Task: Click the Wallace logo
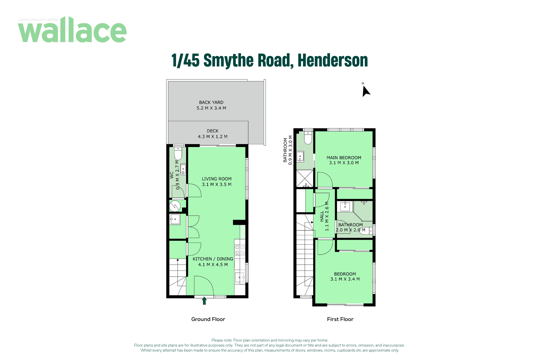point(72,30)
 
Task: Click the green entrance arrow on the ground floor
point(204,301)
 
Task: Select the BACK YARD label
point(211,102)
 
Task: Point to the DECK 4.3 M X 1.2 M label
point(213,134)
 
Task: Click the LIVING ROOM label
point(217,179)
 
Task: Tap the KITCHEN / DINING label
point(213,259)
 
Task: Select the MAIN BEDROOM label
point(344,158)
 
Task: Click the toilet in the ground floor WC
point(178,153)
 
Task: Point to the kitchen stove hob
point(240,250)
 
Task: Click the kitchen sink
point(240,277)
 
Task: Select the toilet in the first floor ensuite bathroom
point(308,137)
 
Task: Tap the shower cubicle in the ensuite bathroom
point(305,179)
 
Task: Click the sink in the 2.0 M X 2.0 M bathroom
point(345,207)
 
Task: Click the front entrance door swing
point(204,286)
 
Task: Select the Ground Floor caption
point(208,319)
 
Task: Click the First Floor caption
point(340,319)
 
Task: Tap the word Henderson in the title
point(333,60)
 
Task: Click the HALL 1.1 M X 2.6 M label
point(324,216)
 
